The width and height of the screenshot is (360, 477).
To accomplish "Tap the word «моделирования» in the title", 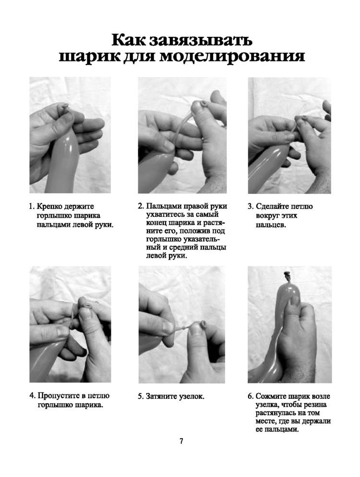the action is (232, 56).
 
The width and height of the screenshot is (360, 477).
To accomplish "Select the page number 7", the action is (181, 441).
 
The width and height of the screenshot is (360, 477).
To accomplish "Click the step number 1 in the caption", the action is (30, 206).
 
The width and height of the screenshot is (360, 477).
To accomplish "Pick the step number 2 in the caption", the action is (140, 206).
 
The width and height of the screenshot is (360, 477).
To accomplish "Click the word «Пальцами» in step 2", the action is (161, 206).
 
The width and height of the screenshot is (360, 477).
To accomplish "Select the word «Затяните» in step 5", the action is (160, 396).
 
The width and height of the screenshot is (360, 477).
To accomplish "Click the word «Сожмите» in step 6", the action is (271, 396).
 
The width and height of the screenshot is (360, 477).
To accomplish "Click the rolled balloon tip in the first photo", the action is (65, 107).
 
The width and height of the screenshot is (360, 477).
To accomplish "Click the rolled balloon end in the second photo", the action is (203, 103).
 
